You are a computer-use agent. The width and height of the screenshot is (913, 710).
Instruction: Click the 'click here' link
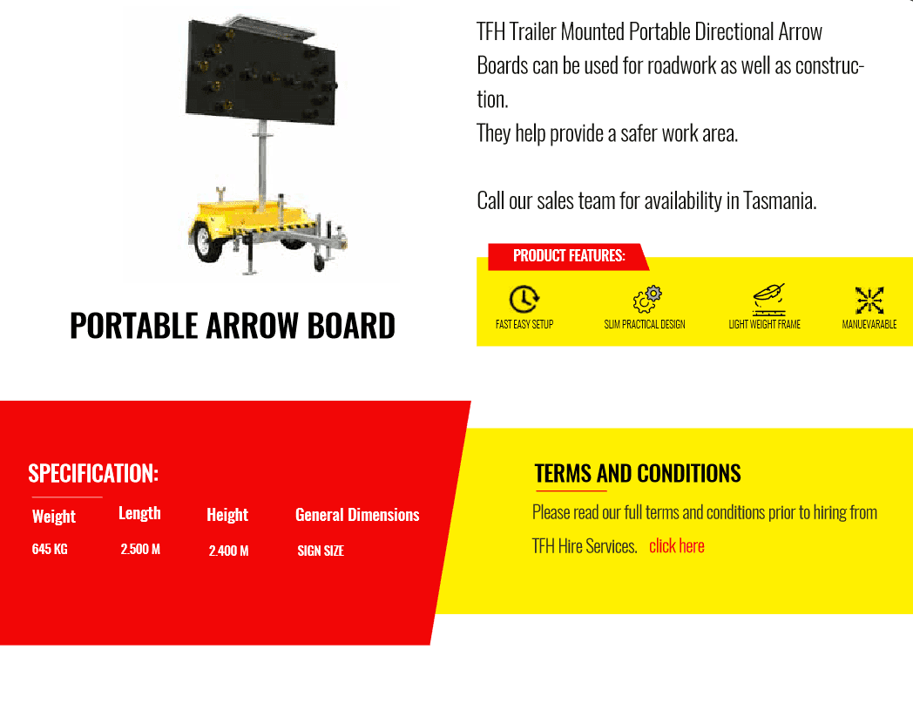(x=676, y=546)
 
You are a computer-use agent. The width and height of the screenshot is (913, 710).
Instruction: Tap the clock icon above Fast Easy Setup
(x=524, y=299)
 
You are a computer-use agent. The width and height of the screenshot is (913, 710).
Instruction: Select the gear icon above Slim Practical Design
(x=646, y=299)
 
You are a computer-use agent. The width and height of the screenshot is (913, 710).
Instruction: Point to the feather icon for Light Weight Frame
(x=768, y=298)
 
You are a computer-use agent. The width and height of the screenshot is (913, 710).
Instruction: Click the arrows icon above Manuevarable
(x=869, y=300)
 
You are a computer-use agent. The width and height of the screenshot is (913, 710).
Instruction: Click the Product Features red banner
(x=569, y=256)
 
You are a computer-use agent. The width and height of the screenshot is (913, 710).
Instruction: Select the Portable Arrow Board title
(x=233, y=326)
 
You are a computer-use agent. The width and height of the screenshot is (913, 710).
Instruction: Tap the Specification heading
(x=93, y=473)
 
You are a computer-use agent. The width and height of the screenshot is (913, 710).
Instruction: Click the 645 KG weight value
(x=50, y=549)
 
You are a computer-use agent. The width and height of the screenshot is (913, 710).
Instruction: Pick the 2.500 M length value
(x=140, y=549)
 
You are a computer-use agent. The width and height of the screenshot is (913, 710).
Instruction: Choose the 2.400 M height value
(x=228, y=551)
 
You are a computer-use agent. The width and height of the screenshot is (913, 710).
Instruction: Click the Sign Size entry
(x=321, y=551)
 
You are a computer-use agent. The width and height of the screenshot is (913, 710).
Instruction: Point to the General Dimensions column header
(x=357, y=515)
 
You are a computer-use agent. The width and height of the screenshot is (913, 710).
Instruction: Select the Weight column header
(x=54, y=517)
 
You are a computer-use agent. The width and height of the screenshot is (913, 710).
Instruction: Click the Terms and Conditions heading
(x=638, y=473)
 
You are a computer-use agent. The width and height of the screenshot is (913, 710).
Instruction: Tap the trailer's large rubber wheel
(x=210, y=241)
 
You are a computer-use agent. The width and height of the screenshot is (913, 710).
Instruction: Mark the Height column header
(x=227, y=515)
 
